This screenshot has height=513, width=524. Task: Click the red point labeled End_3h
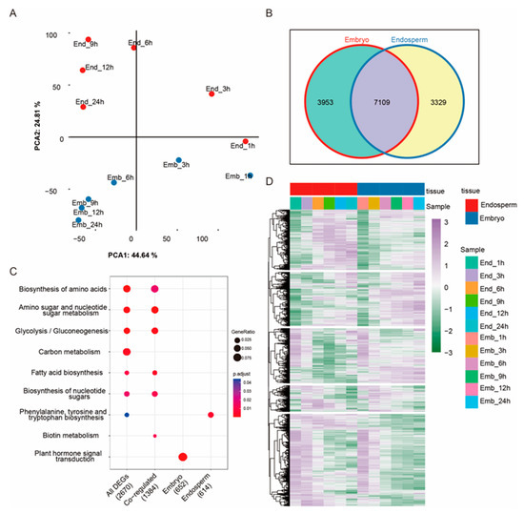(212, 93)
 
